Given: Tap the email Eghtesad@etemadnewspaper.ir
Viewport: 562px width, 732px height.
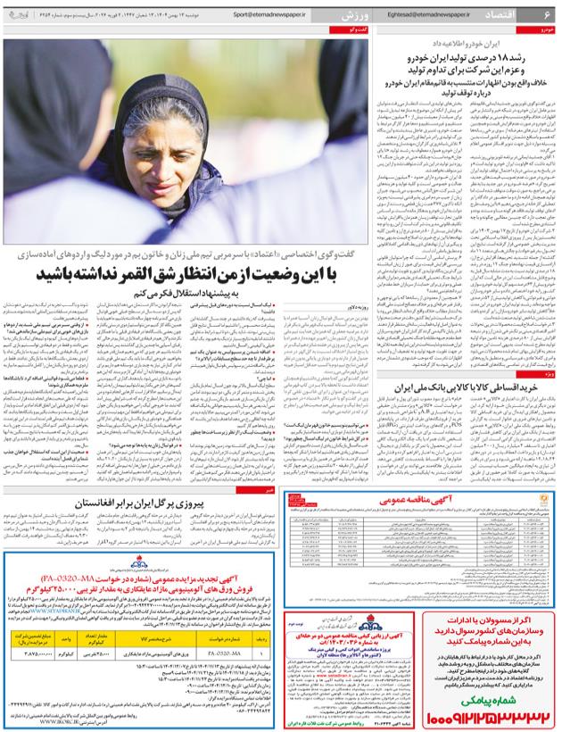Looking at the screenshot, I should click(x=425, y=15).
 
